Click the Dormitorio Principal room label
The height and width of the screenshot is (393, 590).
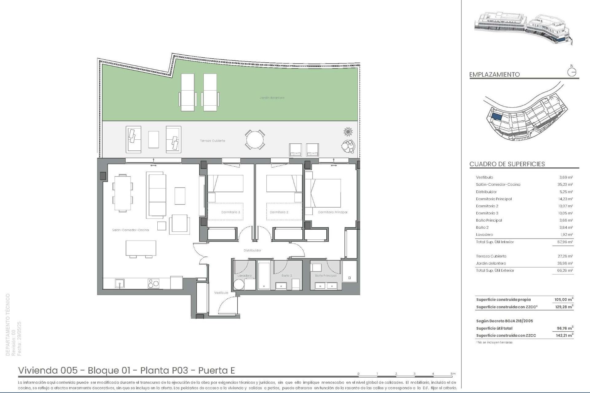pos(332,212)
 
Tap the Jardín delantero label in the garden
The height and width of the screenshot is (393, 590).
pos(272,98)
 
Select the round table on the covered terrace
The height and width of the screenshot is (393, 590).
pos(255,140)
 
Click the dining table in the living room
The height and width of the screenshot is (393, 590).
pos(122,193)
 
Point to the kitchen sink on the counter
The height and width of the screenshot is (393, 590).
pos(120,283)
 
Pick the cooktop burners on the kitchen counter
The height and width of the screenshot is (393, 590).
pos(153,283)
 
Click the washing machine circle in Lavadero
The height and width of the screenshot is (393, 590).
pos(238,285)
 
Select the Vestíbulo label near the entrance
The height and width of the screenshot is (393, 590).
pos(221,293)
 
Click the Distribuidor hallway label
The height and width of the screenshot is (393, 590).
pos(252,250)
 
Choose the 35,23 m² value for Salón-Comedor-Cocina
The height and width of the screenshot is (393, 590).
pos(566,185)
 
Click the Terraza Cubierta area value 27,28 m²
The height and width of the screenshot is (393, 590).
pos(566,256)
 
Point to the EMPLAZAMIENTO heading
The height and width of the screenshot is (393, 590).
pos(494,74)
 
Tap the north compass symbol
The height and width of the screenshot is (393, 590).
pos(572,72)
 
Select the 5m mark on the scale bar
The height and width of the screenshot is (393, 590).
pos(453,374)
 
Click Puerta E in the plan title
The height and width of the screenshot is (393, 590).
pos(216,370)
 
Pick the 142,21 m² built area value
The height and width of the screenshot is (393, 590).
pos(564,336)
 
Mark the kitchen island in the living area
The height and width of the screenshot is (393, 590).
pos(141,248)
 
